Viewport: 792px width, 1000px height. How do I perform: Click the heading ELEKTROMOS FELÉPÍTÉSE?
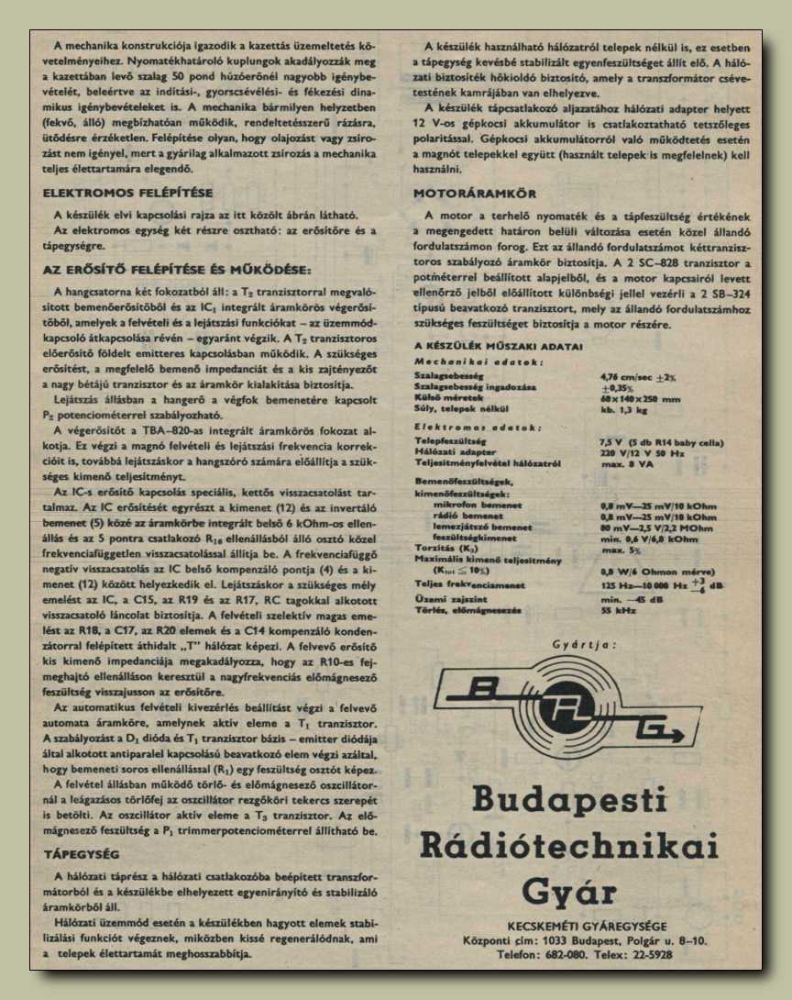(128, 193)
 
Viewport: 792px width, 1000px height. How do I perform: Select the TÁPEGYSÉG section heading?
(82, 853)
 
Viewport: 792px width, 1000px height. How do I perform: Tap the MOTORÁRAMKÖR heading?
(474, 194)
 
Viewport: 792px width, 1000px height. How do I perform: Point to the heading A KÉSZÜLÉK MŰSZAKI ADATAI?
(498, 346)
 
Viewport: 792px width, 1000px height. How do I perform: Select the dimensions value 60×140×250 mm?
(642, 399)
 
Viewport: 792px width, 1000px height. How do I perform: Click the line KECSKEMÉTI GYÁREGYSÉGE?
(587, 925)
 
